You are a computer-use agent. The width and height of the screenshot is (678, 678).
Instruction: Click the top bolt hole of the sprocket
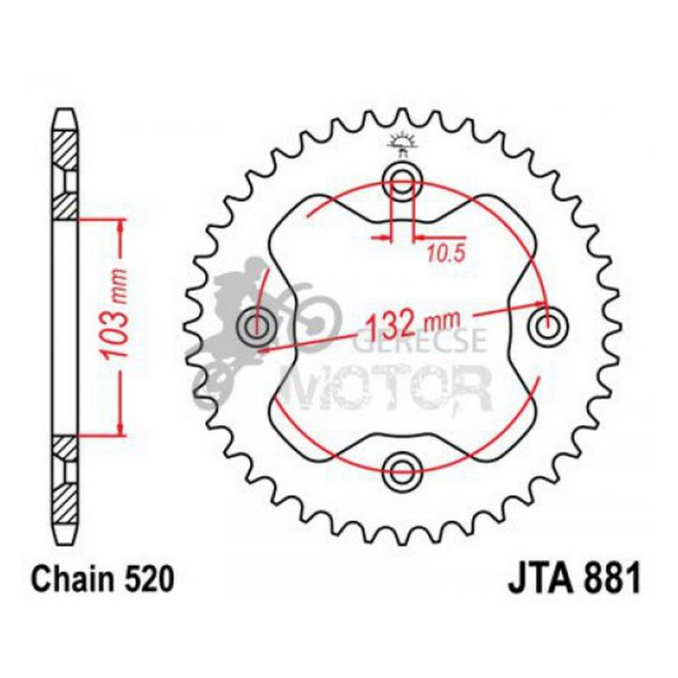[x=402, y=183]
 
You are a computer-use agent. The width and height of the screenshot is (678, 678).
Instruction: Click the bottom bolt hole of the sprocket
[x=402, y=468]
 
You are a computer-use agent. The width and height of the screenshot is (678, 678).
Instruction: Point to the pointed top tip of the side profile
[x=67, y=113]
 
